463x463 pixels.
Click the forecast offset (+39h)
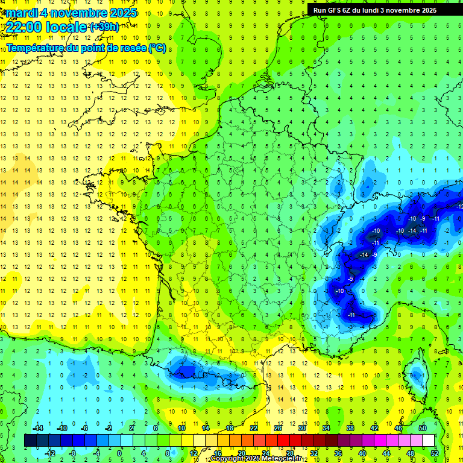[104, 27]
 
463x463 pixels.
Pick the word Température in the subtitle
[36, 48]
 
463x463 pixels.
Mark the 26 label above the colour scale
[277, 428]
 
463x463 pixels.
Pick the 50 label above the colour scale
[422, 428]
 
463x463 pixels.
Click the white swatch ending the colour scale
[428, 441]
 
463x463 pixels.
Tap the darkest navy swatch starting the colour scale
[30, 441]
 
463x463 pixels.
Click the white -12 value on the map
[459, 207]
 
